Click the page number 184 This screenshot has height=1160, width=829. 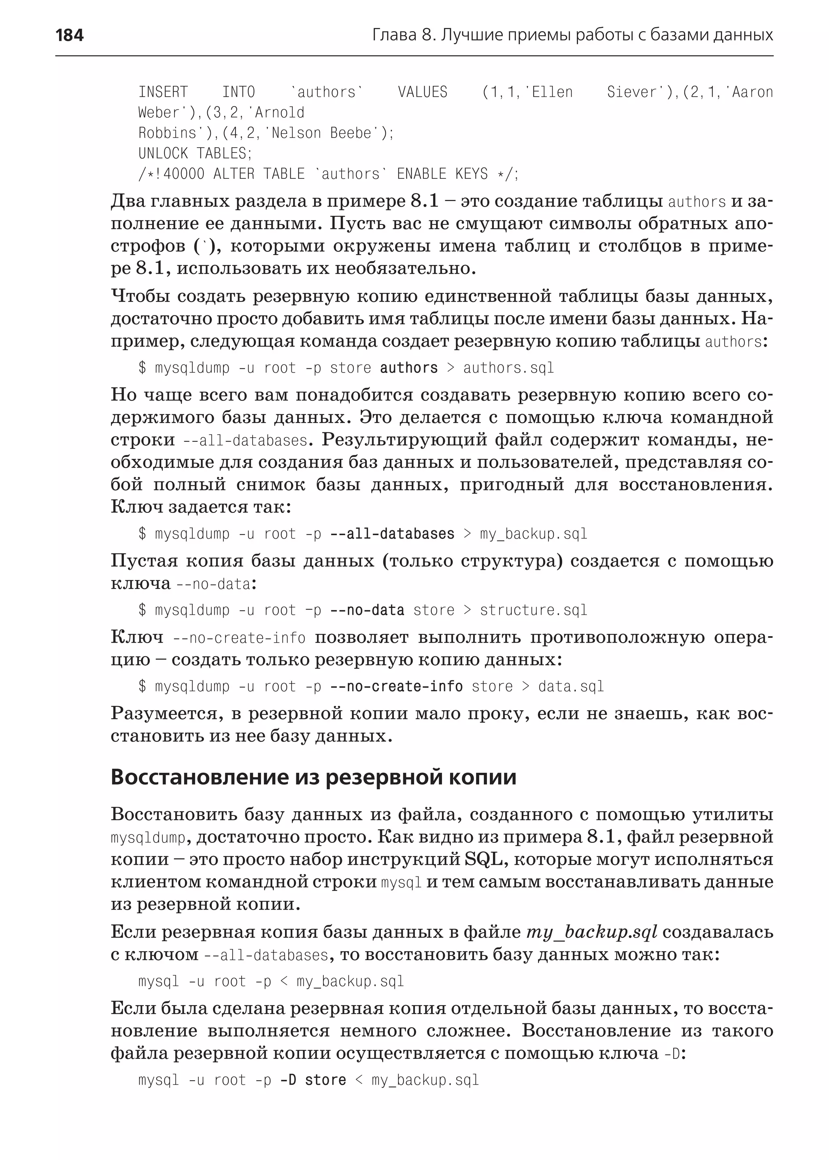click(x=70, y=35)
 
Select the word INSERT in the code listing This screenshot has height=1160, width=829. click(x=163, y=92)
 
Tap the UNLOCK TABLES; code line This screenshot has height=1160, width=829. click(x=195, y=154)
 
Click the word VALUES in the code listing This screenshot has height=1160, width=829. click(x=422, y=92)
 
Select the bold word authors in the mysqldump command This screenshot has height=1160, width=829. click(x=408, y=368)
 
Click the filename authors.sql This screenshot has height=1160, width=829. click(x=508, y=368)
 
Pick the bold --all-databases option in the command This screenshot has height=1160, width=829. click(x=392, y=534)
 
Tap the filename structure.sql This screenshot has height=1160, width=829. click(x=533, y=610)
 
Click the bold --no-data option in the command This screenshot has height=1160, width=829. click(x=367, y=610)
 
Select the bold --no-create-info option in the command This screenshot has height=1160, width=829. click(x=396, y=687)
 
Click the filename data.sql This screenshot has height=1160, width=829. click(x=571, y=687)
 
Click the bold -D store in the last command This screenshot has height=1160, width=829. click(x=313, y=1080)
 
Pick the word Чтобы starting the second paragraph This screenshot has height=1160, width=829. click(x=140, y=296)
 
